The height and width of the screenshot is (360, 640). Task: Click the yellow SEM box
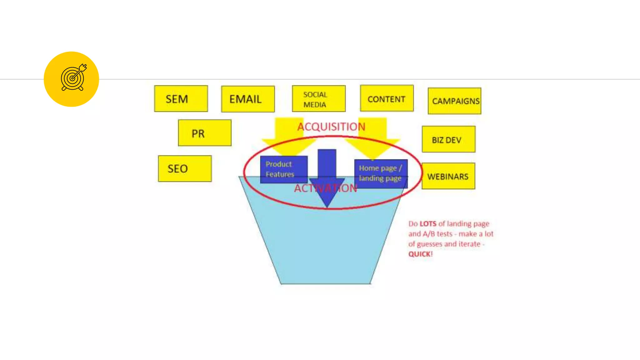pyautogui.click(x=181, y=99)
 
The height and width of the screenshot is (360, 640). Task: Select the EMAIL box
pyautogui.click(x=248, y=99)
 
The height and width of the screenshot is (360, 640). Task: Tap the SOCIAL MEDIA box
pyautogui.click(x=319, y=99)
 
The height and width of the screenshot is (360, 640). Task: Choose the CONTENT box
pyautogui.click(x=387, y=99)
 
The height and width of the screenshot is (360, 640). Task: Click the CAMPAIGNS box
pyautogui.click(x=454, y=101)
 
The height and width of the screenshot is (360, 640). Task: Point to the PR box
pyautogui.click(x=205, y=133)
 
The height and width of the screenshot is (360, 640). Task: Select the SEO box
pyautogui.click(x=185, y=169)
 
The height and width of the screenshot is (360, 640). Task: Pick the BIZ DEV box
pyautogui.click(x=448, y=140)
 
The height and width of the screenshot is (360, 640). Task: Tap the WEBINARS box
pyautogui.click(x=448, y=176)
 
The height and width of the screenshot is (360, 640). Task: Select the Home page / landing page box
pyautogui.click(x=380, y=173)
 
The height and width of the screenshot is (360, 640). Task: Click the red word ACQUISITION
pyautogui.click(x=331, y=127)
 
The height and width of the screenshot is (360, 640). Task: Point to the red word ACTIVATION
pyautogui.click(x=325, y=188)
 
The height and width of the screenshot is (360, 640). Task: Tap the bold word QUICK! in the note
pyautogui.click(x=420, y=254)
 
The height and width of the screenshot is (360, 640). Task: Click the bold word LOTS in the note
pyautogui.click(x=428, y=224)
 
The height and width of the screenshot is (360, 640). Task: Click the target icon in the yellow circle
pyautogui.click(x=73, y=78)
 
